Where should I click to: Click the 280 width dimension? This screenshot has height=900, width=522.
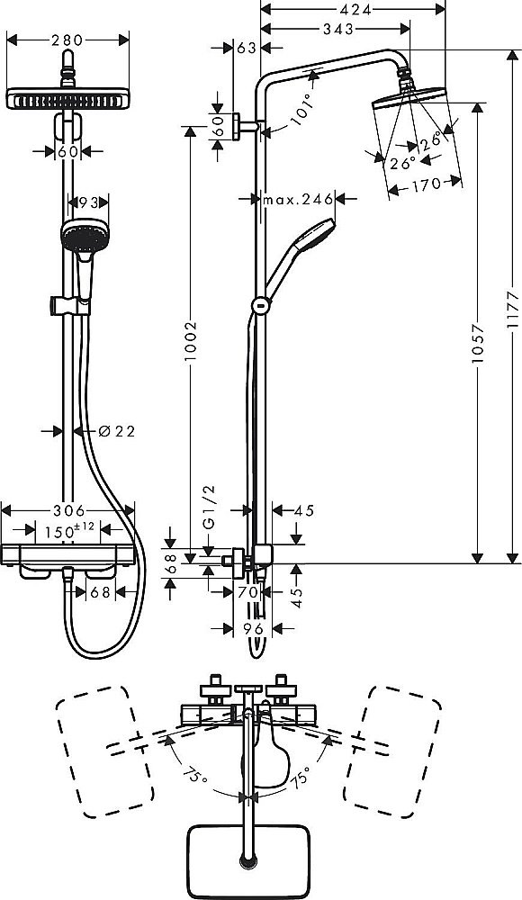pos(67,40)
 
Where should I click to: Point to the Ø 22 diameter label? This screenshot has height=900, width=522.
pos(114,431)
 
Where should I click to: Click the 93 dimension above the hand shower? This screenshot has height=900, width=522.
pos(89,204)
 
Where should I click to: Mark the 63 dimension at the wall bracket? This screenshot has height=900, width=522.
pos(245,48)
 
